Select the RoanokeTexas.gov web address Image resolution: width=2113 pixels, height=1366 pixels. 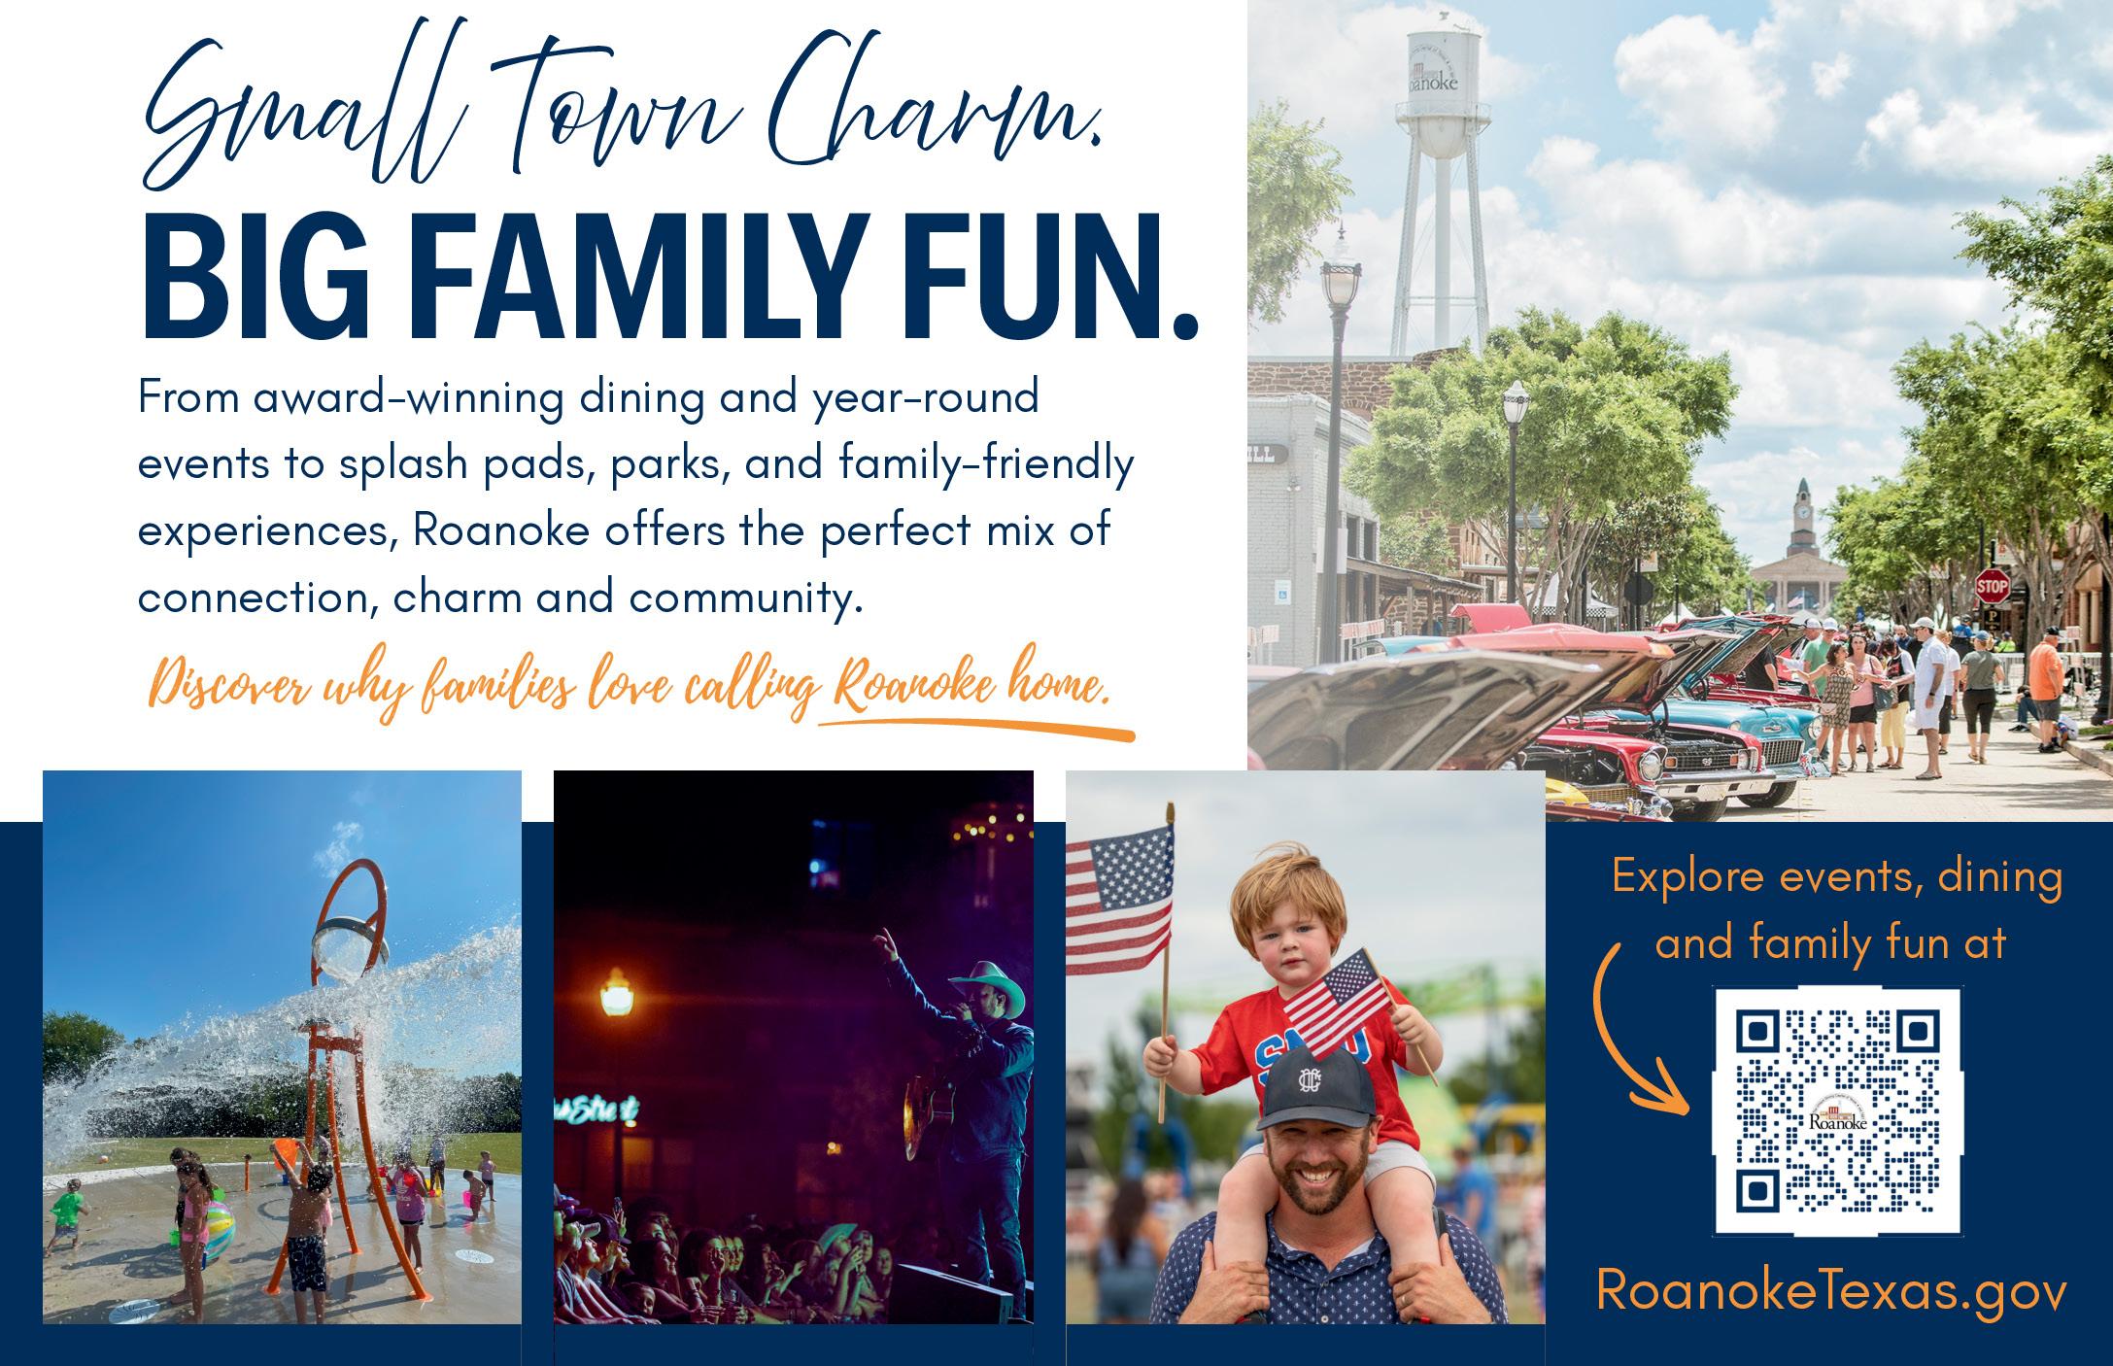(x=1831, y=1290)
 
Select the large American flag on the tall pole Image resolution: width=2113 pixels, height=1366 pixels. (x=1119, y=897)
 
